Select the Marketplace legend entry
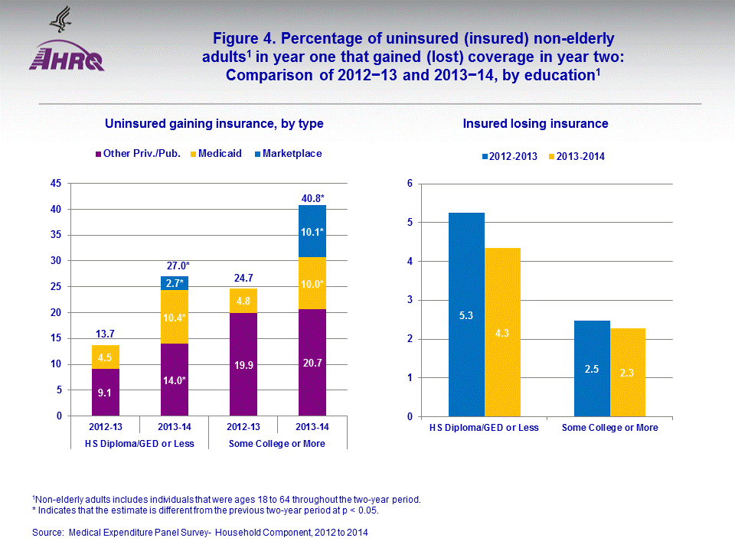tap(286, 154)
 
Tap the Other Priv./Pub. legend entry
tap(138, 154)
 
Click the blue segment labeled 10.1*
tap(312, 231)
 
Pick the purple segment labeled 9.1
tap(106, 393)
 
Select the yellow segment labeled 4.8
tap(243, 301)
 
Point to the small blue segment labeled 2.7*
tap(175, 283)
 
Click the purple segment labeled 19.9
tap(243, 364)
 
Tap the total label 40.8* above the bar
tap(312, 198)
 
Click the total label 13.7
tap(106, 334)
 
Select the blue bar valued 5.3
tap(466, 315)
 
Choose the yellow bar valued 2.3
tap(628, 373)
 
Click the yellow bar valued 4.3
tap(502, 332)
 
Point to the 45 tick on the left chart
tap(56, 184)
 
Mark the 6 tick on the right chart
tap(410, 184)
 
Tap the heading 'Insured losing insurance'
tap(535, 123)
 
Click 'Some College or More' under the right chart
tap(609, 428)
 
